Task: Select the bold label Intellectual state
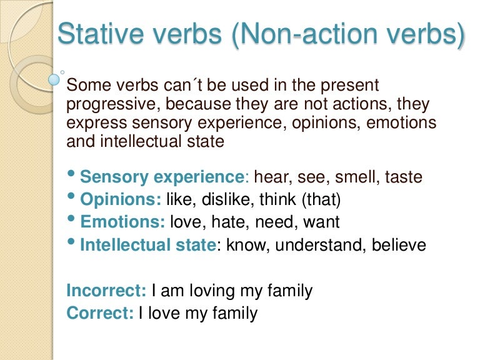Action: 148,245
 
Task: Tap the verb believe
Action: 399,245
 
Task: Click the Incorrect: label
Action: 106,291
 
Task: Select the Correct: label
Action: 100,313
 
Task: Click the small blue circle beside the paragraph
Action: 54,80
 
